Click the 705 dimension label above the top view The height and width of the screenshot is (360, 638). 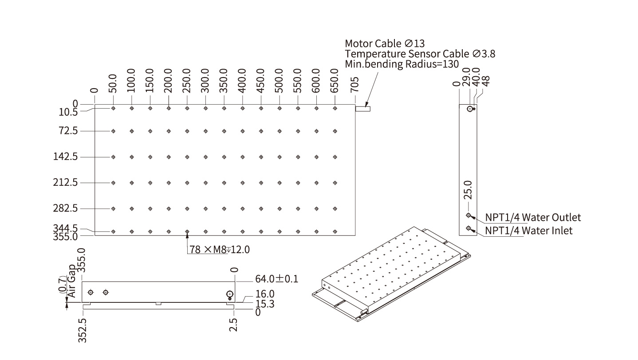point(354,84)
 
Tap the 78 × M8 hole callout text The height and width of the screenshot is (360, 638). point(220,249)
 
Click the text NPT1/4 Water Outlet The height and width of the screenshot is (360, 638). point(533,217)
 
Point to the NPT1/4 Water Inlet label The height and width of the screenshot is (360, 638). point(528,231)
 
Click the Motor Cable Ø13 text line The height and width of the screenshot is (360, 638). point(385,43)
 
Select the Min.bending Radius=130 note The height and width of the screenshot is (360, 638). point(402,64)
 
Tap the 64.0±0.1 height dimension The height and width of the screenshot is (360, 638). point(276,279)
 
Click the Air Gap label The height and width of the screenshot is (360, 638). point(72,281)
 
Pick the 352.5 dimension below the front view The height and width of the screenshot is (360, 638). point(82,330)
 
